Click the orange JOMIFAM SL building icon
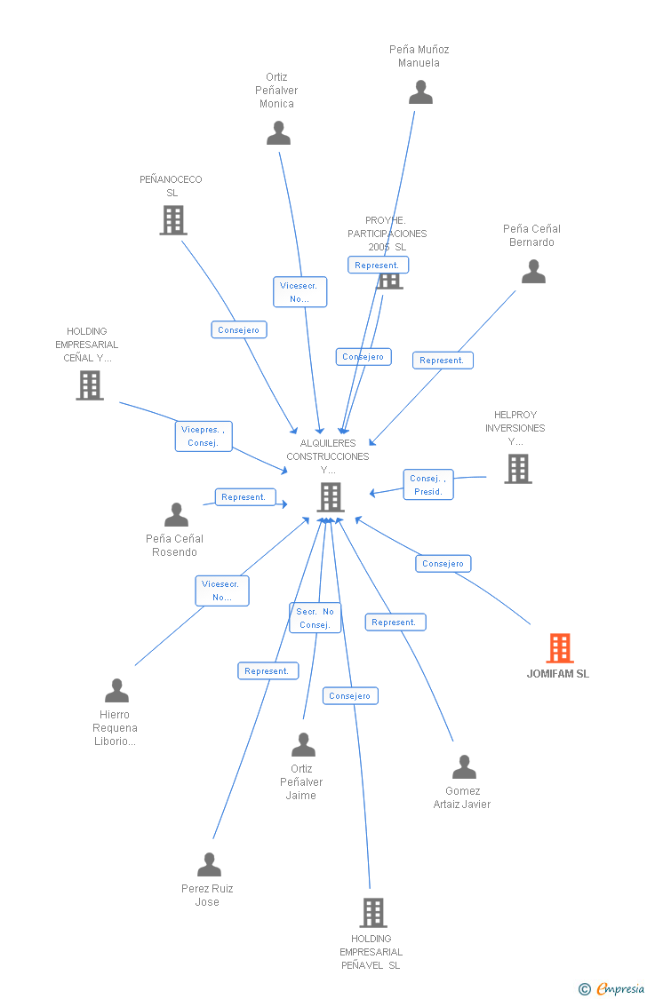[x=560, y=648]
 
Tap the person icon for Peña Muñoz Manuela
[x=420, y=92]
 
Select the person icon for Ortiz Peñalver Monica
[x=278, y=133]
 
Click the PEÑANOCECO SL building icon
[x=172, y=220]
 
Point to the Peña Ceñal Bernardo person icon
[x=533, y=272]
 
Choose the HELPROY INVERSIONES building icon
[x=517, y=468]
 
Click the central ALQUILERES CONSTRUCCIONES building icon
[x=330, y=497]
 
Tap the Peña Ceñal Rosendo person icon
[x=176, y=515]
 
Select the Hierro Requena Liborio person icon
[x=116, y=691]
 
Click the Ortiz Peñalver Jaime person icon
[x=303, y=745]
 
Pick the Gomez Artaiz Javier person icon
[x=464, y=767]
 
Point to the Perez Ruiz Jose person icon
[x=209, y=865]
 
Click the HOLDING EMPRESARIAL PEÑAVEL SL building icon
[x=372, y=912]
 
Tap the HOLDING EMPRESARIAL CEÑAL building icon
[x=90, y=385]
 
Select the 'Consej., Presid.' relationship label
[x=428, y=485]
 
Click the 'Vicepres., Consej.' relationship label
[x=204, y=436]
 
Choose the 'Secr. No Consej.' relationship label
[x=315, y=618]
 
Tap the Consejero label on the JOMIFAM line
[x=443, y=564]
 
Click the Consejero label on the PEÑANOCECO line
[x=239, y=330]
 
